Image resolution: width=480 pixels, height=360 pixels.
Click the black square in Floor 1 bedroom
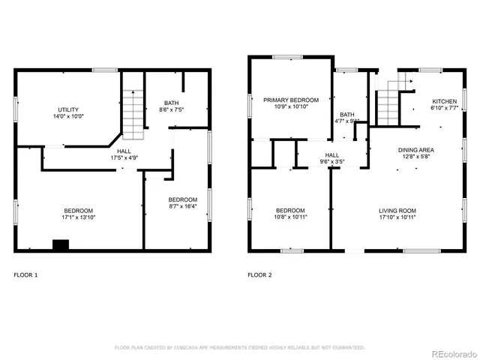pos(60,244)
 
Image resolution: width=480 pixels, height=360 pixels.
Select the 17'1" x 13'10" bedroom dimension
pos(78,217)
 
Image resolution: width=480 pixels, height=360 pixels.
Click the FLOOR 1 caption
pos(25,275)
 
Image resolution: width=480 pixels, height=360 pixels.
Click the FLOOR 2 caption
pos(259,275)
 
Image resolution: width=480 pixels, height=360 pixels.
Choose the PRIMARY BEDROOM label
pos(290,100)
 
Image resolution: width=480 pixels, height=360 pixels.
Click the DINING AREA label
pos(415,150)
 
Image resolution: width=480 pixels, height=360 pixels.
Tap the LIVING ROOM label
pos(397,210)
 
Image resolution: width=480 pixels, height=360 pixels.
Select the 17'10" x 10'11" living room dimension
pos(397,217)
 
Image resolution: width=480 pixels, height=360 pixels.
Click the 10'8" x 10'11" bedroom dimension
pos(290,217)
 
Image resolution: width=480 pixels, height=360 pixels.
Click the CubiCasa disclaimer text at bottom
pos(239,347)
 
